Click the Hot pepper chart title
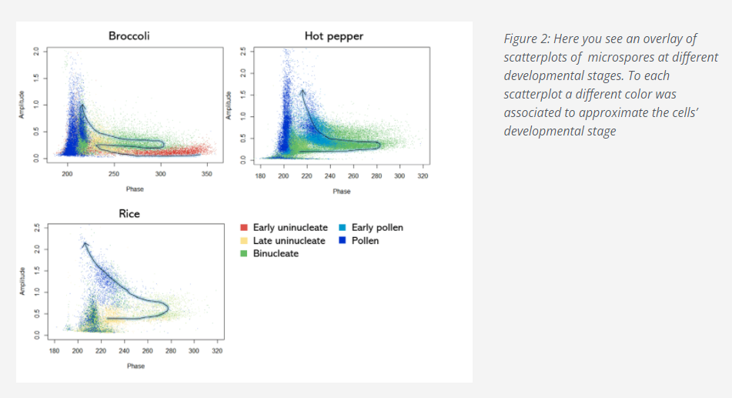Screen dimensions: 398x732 [334, 35]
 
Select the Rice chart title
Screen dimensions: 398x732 [129, 213]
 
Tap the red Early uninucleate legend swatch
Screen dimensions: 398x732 [245, 228]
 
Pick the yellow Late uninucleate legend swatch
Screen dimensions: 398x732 [245, 241]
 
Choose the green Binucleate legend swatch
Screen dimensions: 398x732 [245, 253]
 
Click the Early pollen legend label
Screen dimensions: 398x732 [377, 228]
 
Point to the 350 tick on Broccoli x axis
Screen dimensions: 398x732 [206, 175]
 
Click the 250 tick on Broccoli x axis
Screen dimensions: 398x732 [113, 175]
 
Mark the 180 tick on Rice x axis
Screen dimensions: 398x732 [54, 350]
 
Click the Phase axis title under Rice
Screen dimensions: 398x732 [135, 366]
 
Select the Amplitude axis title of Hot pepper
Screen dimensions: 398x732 [228, 105]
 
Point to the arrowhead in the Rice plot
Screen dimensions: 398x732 [84, 244]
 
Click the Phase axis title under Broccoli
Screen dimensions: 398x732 [135, 189]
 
